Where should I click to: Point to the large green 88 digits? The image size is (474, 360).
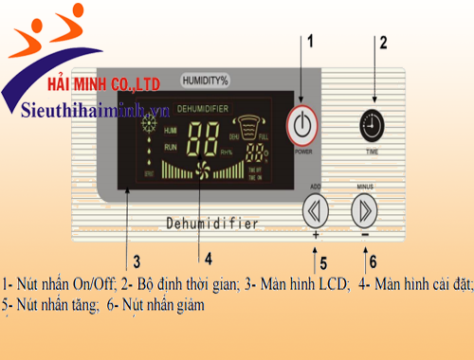click(x=203, y=141)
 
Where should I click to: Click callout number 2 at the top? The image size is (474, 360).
click(x=383, y=43)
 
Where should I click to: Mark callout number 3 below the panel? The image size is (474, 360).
click(x=137, y=260)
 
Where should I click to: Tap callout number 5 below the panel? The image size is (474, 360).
click(x=322, y=262)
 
